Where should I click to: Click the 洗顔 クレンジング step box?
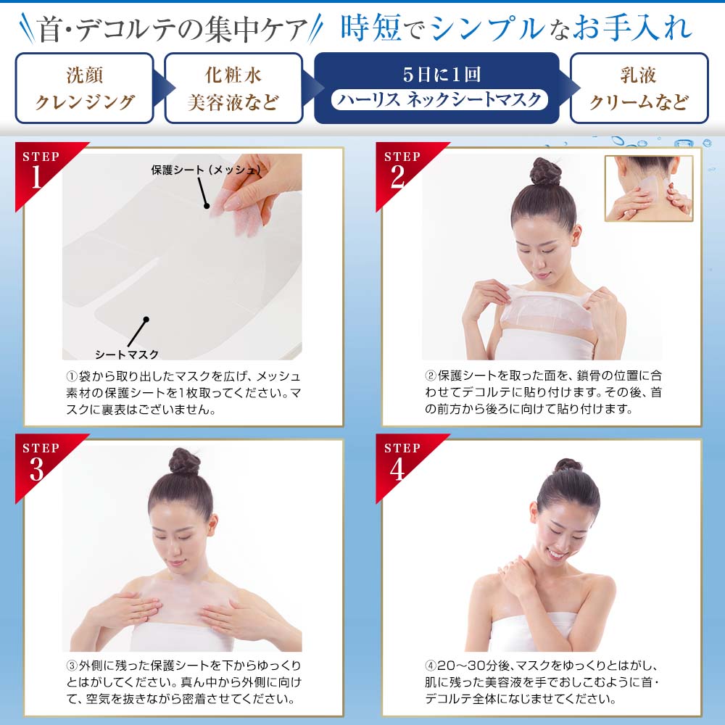tap(85, 88)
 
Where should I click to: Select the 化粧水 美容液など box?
tap(233, 88)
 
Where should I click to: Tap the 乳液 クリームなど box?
tap(638, 88)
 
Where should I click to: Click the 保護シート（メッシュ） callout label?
tap(205, 170)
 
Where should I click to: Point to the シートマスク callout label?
tap(126, 354)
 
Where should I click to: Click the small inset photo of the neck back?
tap(648, 188)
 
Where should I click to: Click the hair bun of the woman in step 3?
tap(183, 462)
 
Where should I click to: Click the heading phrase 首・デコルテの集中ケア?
tap(173, 30)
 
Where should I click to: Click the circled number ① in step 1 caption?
tap(71, 376)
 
